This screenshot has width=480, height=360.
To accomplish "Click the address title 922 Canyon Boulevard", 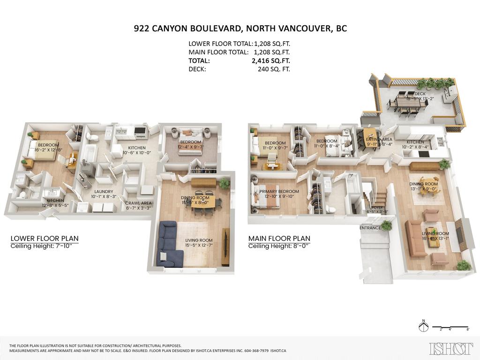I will (240, 29).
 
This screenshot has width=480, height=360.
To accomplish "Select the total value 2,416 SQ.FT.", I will (270, 60).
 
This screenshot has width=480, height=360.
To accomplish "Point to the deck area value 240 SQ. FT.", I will (274, 69).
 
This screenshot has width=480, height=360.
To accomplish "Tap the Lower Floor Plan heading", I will (45, 238).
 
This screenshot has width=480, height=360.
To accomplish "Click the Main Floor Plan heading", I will (279, 238).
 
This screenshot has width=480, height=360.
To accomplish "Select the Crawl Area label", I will (138, 204).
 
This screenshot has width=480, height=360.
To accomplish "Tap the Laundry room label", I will (104, 191).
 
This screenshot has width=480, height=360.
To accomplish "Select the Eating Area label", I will (378, 139).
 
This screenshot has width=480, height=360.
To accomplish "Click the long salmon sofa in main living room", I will (415, 238).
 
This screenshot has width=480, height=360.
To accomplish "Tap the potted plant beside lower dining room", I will (225, 183).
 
